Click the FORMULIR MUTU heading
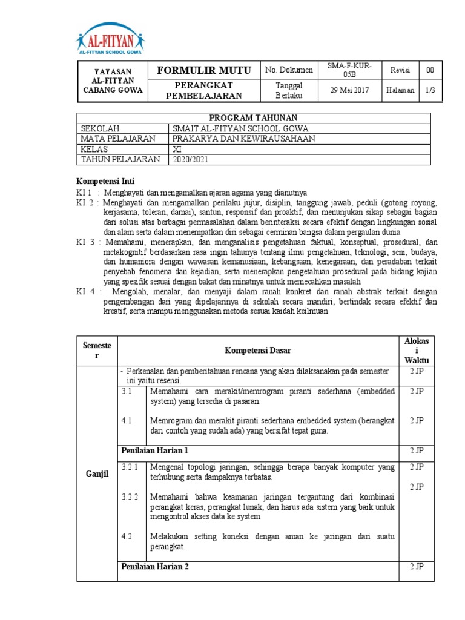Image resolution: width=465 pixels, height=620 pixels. coord(205,71)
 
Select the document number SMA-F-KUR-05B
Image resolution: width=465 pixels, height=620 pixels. coord(349,70)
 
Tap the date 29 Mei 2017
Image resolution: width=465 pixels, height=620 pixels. coord(349,90)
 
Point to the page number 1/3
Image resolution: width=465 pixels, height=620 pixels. coord(429,90)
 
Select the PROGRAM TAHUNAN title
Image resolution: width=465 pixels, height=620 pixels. coord(253,117)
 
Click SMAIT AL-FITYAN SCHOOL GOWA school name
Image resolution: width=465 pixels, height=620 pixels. coord(240,128)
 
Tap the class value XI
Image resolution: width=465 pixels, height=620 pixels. coord(177,149)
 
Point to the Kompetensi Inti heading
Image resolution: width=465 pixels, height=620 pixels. coord(105,181)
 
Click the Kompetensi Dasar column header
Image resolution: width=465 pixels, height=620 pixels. coord(257,350)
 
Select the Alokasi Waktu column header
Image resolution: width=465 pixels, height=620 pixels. coord(416,350)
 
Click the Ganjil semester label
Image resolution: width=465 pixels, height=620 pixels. coord(97,473)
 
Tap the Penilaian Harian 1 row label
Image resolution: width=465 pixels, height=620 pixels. coord(154,450)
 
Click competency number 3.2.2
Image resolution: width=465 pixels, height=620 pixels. coord(130,496)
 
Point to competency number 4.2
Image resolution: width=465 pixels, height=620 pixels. coord(127,536)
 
